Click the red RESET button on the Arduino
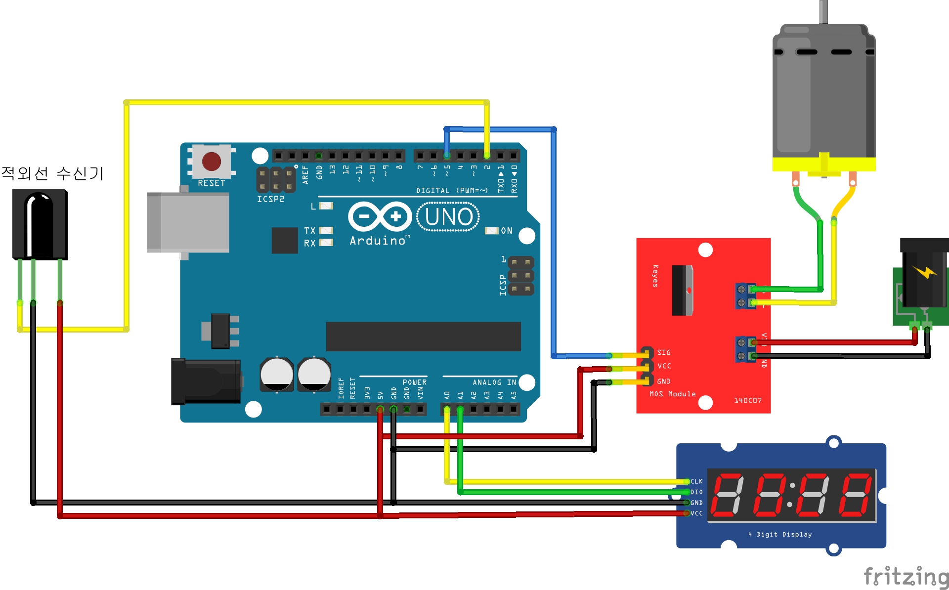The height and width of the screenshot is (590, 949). point(212,161)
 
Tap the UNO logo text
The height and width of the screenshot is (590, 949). point(448,217)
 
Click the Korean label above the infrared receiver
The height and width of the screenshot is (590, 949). point(52,173)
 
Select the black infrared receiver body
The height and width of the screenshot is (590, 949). point(40,225)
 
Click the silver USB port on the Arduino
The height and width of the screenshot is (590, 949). point(188,222)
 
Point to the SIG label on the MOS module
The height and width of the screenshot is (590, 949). point(664,352)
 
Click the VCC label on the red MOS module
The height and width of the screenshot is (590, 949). point(664,366)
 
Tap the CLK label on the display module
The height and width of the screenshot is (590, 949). point(696,481)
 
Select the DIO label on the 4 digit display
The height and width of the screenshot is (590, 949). point(696,492)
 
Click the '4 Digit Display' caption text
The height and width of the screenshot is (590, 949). point(780,534)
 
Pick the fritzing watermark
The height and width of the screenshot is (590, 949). point(906,577)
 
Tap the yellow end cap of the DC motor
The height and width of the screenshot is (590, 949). point(824,165)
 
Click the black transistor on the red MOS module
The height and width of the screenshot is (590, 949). point(682,290)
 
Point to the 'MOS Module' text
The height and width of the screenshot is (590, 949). point(672,394)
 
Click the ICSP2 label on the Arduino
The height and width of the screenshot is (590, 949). point(270,199)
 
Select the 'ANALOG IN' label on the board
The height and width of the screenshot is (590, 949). point(494,382)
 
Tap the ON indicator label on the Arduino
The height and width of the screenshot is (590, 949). point(507,231)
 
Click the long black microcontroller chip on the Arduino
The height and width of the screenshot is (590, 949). point(423,337)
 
